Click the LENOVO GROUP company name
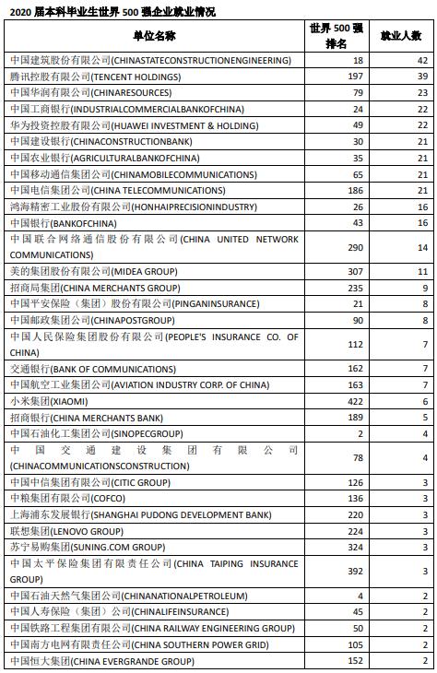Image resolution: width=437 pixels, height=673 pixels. [66, 531]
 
